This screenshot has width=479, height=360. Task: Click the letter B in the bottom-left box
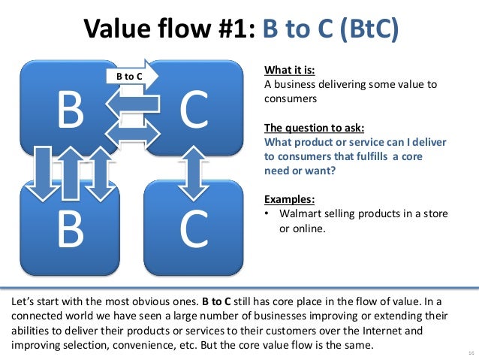tap(71, 231)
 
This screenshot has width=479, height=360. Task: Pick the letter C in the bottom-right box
tap(194, 231)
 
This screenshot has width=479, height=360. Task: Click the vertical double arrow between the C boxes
tap(194, 171)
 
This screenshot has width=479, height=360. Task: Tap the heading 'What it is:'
tap(289, 71)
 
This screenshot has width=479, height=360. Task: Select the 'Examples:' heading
tap(289, 199)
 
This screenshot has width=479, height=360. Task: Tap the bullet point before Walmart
tap(268, 214)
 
